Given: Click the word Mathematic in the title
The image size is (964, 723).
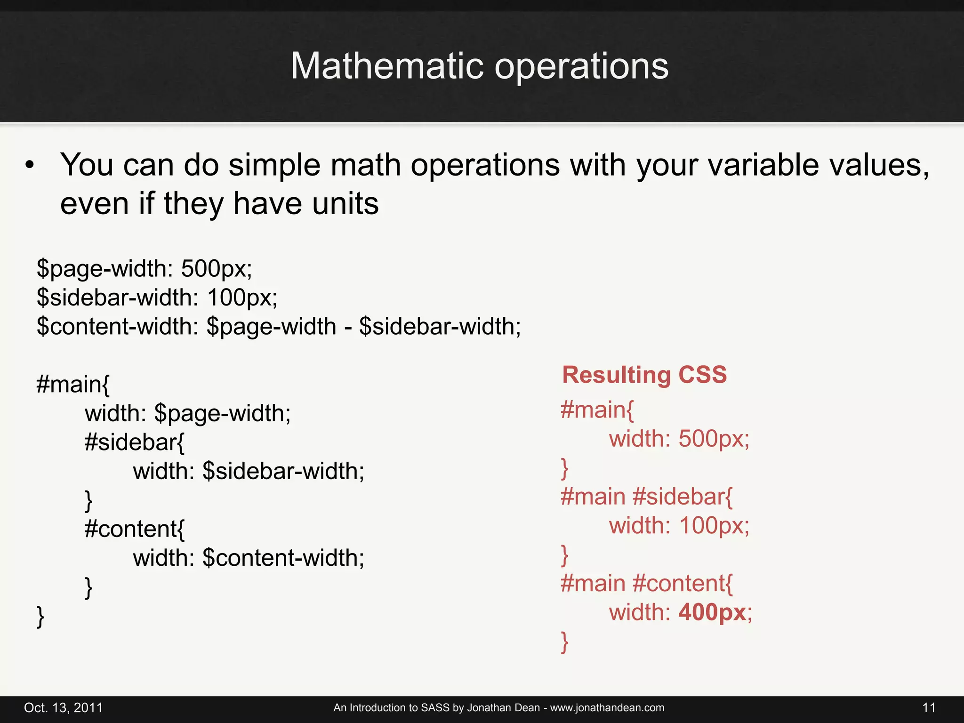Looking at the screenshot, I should (x=387, y=66).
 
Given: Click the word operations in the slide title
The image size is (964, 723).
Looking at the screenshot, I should (x=581, y=67).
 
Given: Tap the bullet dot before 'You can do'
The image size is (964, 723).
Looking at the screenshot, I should (x=30, y=165).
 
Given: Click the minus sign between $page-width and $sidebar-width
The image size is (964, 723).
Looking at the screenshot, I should (x=348, y=327).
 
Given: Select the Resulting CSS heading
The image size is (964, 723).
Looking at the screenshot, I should (x=644, y=375).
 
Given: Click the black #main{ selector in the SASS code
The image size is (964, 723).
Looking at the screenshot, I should (x=73, y=384).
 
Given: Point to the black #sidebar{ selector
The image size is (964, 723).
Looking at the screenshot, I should (x=135, y=442).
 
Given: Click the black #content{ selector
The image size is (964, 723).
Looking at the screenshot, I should (x=135, y=529).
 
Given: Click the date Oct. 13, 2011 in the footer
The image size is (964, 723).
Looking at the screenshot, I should (x=63, y=707).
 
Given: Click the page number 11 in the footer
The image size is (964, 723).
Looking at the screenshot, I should (x=929, y=707).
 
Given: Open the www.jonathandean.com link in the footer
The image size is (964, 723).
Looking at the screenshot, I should (x=607, y=707).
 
